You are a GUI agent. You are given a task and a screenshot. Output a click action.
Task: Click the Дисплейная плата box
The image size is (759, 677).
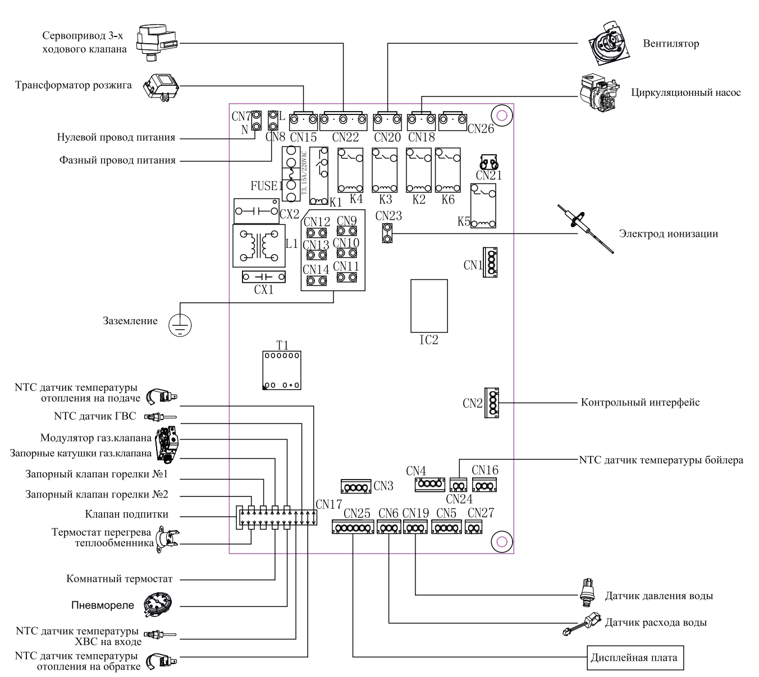[x=635, y=658]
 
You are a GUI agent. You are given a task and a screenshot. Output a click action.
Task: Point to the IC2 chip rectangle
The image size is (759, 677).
[x=429, y=305]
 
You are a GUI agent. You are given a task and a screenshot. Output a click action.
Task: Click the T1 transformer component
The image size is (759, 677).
[x=281, y=370]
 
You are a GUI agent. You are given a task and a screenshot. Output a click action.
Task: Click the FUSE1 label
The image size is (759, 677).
[x=266, y=186]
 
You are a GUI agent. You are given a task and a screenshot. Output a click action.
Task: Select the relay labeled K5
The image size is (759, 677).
[x=483, y=206]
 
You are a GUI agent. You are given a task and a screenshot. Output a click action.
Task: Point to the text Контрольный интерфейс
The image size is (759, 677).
[x=640, y=403]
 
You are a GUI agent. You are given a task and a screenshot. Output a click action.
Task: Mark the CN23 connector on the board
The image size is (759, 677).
[x=387, y=233]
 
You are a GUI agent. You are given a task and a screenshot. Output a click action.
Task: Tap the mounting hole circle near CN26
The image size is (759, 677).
[x=502, y=116]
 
